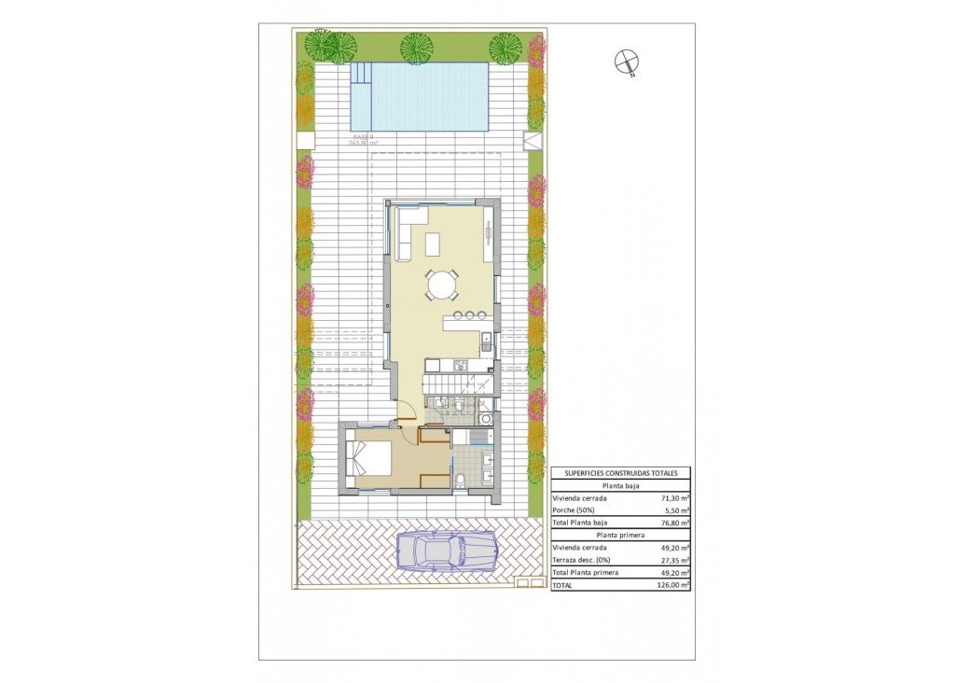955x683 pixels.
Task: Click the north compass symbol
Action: click(627, 63)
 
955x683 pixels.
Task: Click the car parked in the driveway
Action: click(445, 550)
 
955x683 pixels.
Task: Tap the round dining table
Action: click(442, 284)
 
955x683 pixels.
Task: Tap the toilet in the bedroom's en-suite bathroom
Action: click(463, 481)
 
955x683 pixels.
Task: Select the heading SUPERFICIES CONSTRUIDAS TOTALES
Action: click(620, 474)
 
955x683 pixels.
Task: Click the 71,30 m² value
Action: click(672, 498)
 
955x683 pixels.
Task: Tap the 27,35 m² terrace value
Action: click(672, 560)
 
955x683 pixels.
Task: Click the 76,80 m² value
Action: click(672, 523)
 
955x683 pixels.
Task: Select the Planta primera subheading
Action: click(620, 536)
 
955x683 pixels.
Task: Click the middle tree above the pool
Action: click(415, 46)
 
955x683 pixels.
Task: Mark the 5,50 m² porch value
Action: click(675, 510)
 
